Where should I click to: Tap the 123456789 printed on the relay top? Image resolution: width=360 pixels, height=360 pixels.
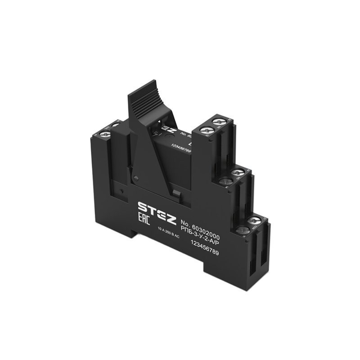[181, 148]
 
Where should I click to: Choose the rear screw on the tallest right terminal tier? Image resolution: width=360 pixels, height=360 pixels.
[219, 121]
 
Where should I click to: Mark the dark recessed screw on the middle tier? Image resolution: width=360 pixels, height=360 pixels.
[226, 181]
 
